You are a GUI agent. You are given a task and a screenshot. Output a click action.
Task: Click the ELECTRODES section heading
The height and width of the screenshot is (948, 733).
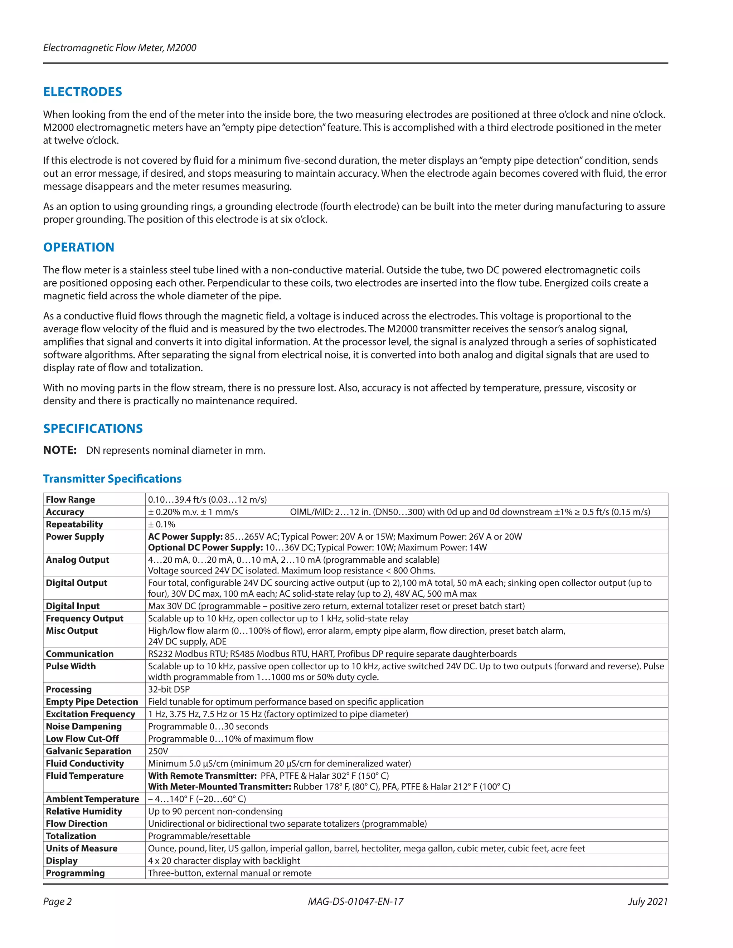pyautogui.click(x=83, y=92)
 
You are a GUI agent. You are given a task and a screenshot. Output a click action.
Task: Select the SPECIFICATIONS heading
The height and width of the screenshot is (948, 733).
pyautogui.click(x=93, y=429)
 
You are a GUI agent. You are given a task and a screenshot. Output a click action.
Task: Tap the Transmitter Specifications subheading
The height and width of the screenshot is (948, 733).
pyautogui.click(x=112, y=478)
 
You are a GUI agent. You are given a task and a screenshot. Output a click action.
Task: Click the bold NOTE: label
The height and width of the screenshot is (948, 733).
pyautogui.click(x=60, y=450)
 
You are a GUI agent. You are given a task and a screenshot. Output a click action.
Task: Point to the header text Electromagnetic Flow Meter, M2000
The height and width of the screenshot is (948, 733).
pyautogui.click(x=120, y=48)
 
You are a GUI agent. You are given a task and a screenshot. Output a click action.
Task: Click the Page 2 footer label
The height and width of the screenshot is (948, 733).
pyautogui.click(x=57, y=901)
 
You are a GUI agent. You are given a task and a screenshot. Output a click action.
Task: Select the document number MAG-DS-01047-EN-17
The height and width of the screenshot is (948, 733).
pyautogui.click(x=356, y=901)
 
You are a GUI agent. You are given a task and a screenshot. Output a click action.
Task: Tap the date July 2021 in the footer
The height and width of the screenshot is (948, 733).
pyautogui.click(x=647, y=901)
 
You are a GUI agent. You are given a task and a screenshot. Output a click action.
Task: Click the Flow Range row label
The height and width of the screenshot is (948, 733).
pyautogui.click(x=71, y=500)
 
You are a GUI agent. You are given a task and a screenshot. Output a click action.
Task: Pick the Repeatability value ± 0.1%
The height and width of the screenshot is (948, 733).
pyautogui.click(x=161, y=524)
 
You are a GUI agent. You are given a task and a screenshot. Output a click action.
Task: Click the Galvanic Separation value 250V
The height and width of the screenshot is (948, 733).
pyautogui.click(x=158, y=751)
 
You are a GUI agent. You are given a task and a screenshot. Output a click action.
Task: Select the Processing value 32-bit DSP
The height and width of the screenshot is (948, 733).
pyautogui.click(x=169, y=689)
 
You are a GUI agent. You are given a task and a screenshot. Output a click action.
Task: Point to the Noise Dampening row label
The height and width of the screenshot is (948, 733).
pyautogui.click(x=84, y=726)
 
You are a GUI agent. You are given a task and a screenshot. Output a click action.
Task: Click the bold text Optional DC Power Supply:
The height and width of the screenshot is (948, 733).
pyautogui.click(x=205, y=547)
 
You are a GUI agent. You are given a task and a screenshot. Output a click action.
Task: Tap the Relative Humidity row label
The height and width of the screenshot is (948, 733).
pyautogui.click(x=84, y=811)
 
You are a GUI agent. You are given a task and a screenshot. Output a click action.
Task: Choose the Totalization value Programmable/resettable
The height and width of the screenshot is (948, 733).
pyautogui.click(x=199, y=836)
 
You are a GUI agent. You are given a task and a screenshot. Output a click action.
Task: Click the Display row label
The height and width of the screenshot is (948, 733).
pyautogui.click(x=62, y=861)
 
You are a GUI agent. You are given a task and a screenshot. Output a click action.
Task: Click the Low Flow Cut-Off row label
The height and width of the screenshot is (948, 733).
pyautogui.click(x=82, y=739)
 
